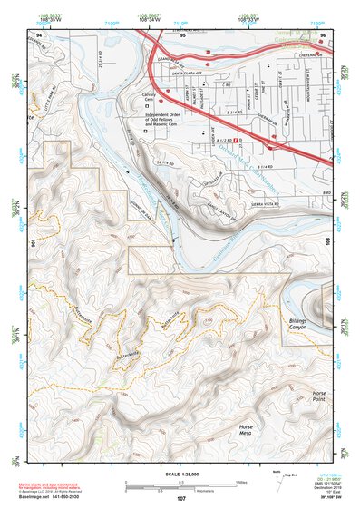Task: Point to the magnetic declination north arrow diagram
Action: (277, 480)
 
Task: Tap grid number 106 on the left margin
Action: (32, 243)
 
